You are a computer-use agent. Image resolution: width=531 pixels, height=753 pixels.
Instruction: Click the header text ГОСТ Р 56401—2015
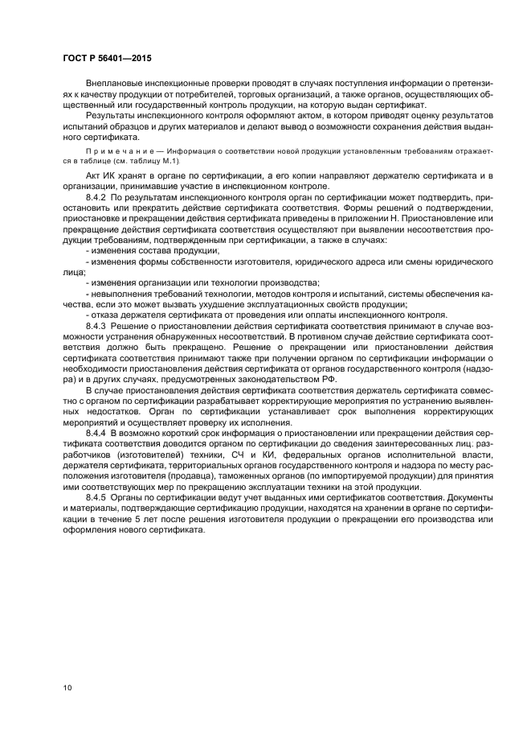(x=107, y=59)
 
